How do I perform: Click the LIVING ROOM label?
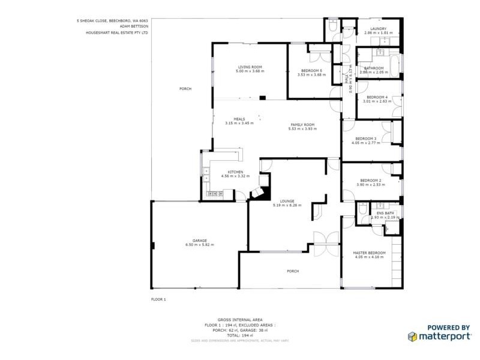[250, 67]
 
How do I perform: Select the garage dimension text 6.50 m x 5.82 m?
[200, 245]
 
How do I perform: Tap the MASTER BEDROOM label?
[370, 253]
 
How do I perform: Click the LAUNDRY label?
[378, 29]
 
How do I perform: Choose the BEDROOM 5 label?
[311, 70]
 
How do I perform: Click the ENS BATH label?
[385, 213]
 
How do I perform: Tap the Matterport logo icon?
[413, 337]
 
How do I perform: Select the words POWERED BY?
[448, 327]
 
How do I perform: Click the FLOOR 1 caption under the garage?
[158, 299]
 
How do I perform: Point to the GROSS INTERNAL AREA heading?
[240, 320]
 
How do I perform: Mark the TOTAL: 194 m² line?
[240, 334]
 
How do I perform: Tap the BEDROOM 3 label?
[366, 139]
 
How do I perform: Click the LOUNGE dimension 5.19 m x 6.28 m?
[287, 205]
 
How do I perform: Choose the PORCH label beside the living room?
[185, 89]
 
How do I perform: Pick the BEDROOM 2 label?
[370, 180]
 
